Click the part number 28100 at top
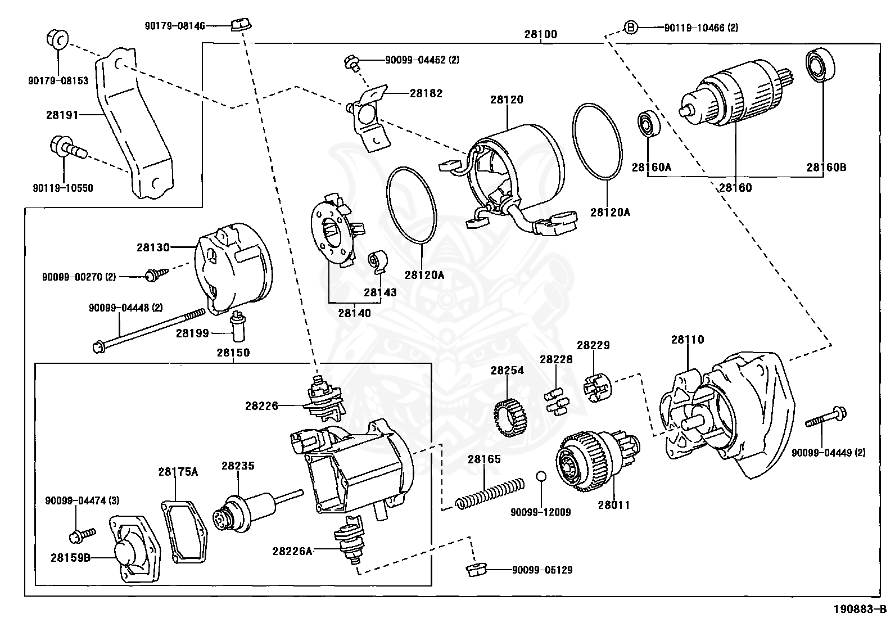(540, 34)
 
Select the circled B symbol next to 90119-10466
(631, 27)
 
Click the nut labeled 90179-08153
(57, 40)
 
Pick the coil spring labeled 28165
(489, 493)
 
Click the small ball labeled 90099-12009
(541, 476)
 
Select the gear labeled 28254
(508, 417)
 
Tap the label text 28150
(233, 353)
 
